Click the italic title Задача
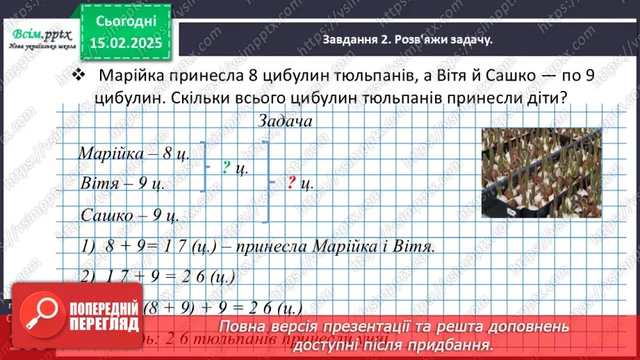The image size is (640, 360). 284,120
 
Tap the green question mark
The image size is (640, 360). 227,166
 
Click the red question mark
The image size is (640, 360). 292,183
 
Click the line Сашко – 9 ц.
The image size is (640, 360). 130,215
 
